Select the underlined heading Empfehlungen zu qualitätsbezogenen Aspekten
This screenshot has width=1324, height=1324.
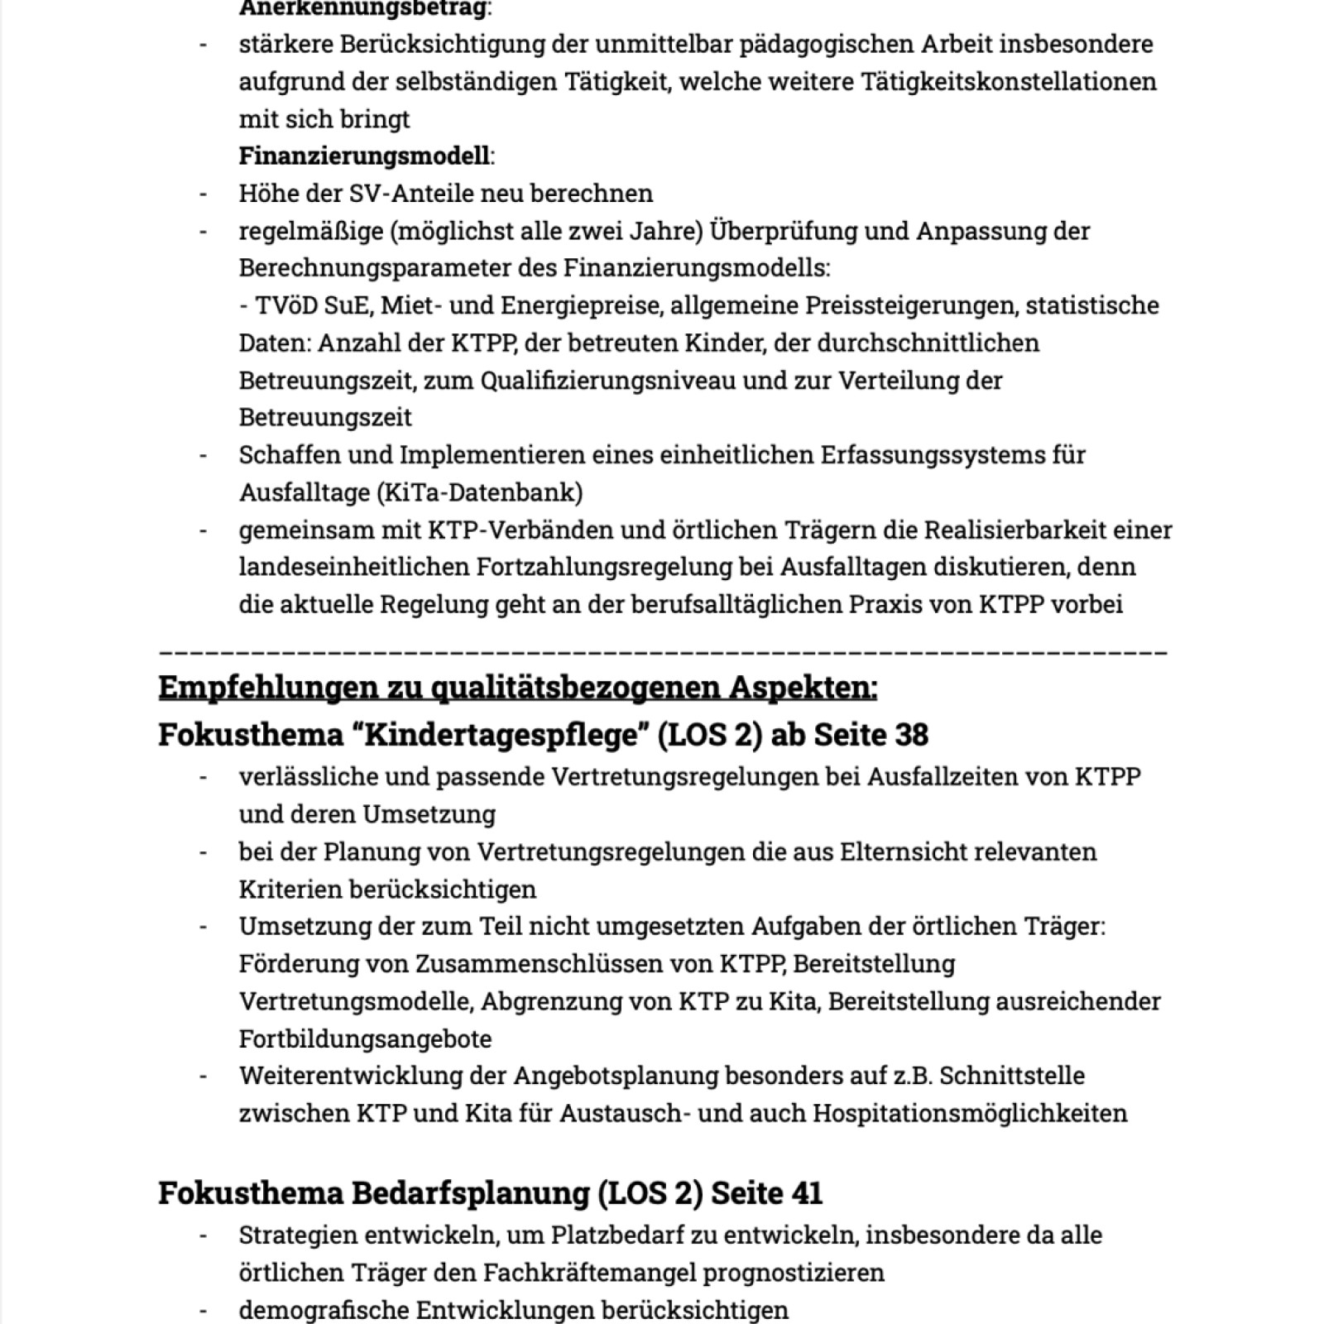tap(517, 687)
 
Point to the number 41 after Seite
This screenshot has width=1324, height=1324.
tap(806, 1193)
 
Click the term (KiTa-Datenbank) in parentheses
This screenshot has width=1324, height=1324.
tap(480, 492)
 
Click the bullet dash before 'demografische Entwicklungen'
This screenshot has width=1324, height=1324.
tap(204, 1310)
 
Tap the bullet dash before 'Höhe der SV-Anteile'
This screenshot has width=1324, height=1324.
tap(204, 193)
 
